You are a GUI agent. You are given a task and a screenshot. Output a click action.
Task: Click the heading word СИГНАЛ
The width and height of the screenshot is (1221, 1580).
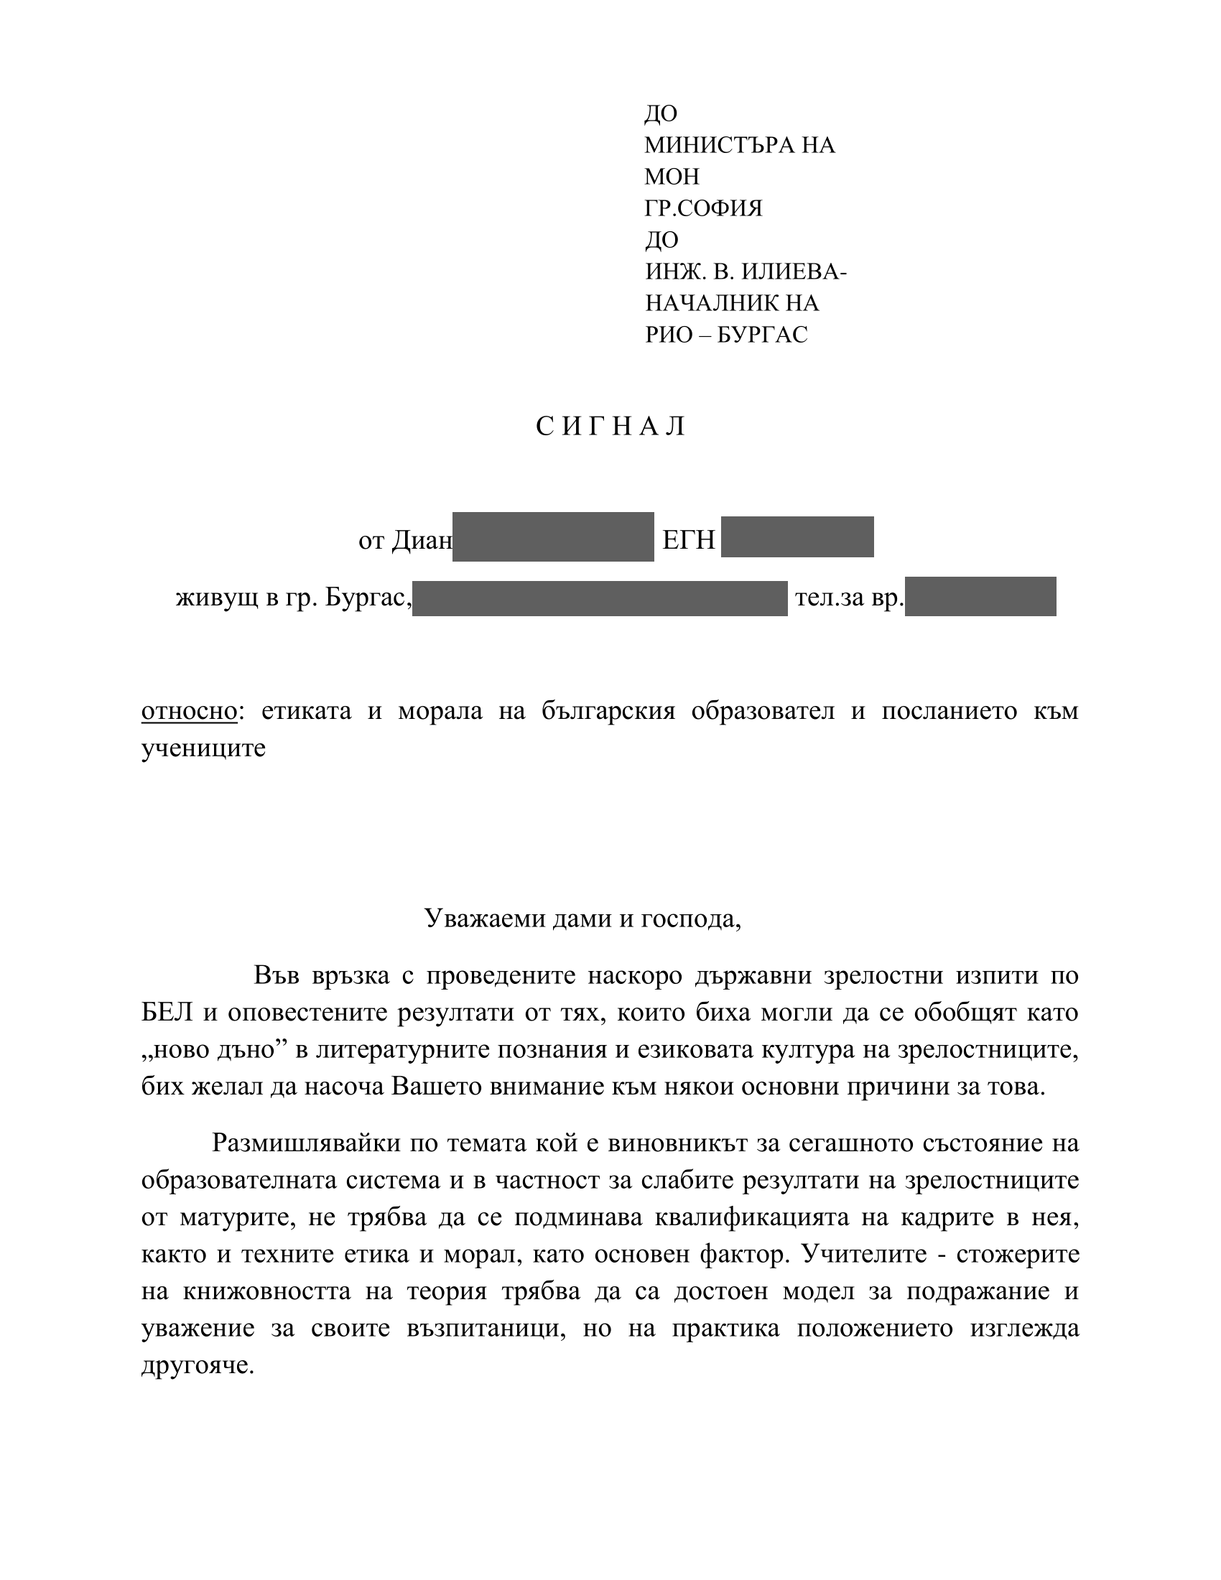tap(610, 427)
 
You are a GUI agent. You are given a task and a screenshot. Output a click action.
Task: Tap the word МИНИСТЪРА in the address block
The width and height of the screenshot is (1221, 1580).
tap(710, 145)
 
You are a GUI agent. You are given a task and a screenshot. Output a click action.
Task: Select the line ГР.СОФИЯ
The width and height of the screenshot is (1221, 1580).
tap(703, 208)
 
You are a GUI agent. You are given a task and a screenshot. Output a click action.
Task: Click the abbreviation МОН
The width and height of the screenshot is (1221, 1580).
tap(672, 177)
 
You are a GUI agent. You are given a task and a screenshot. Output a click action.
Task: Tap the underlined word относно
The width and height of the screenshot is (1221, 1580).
tap(189, 711)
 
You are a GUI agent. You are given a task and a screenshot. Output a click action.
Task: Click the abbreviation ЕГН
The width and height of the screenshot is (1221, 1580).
tap(689, 539)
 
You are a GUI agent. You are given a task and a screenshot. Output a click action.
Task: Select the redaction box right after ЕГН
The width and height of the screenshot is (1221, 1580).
tap(797, 536)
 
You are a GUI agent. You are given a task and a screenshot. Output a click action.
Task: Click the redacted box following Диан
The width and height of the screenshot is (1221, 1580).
tap(552, 536)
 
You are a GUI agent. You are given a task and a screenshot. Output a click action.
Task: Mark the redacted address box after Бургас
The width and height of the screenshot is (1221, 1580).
tap(600, 598)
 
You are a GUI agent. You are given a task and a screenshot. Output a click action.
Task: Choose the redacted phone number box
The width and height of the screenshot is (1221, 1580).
tap(980, 597)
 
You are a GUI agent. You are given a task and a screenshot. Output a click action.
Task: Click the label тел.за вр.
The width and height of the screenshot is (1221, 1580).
tap(849, 598)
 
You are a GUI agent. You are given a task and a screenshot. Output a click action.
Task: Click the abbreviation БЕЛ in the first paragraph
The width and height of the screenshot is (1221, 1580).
tap(167, 1012)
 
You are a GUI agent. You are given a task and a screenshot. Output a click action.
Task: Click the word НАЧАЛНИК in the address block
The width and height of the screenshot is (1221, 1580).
tap(707, 303)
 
